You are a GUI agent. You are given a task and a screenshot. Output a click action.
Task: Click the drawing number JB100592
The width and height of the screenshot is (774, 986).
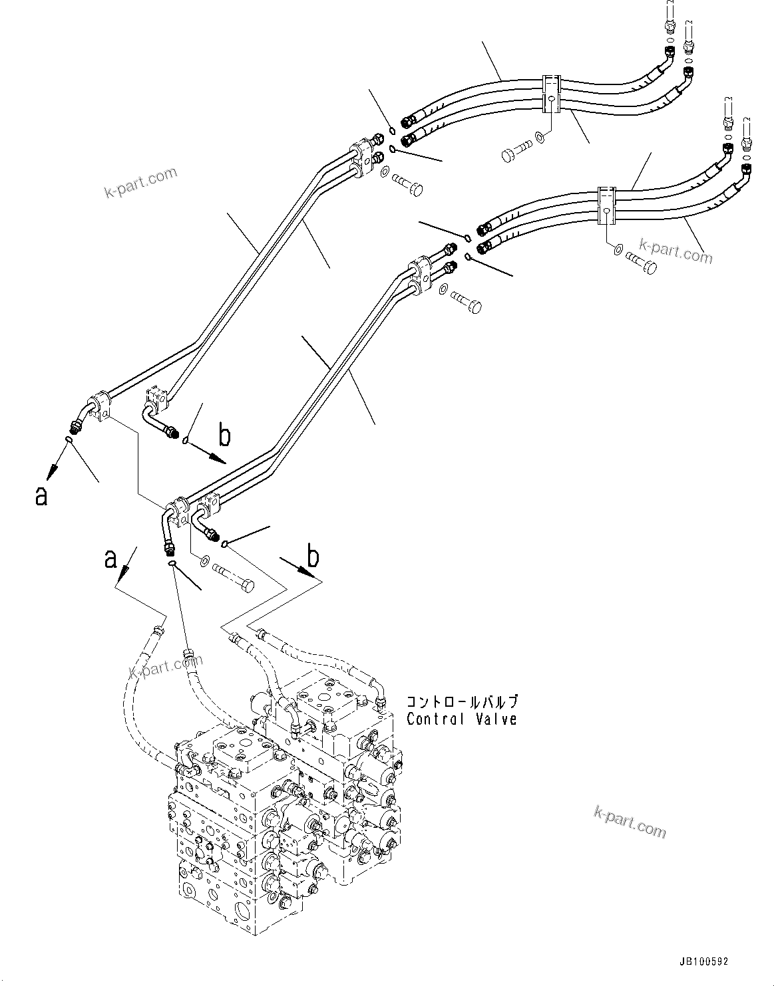coord(704,962)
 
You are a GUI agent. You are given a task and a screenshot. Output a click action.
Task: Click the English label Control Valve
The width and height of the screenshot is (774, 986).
coord(461,719)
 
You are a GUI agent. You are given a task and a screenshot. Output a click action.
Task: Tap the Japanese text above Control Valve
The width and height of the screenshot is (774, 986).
coord(461,702)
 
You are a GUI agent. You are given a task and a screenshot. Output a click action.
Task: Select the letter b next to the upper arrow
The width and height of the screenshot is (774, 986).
coord(225,436)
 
